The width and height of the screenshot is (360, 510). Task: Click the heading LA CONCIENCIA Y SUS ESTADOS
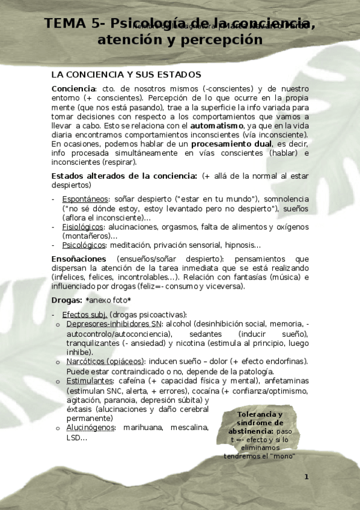[126, 75]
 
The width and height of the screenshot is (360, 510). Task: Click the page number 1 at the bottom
[306, 477]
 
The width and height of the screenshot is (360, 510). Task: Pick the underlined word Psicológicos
[84, 245]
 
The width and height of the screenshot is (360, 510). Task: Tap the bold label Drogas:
[67, 300]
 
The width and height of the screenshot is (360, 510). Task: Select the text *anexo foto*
[108, 300]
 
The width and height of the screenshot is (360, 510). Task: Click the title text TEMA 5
[72, 24]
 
